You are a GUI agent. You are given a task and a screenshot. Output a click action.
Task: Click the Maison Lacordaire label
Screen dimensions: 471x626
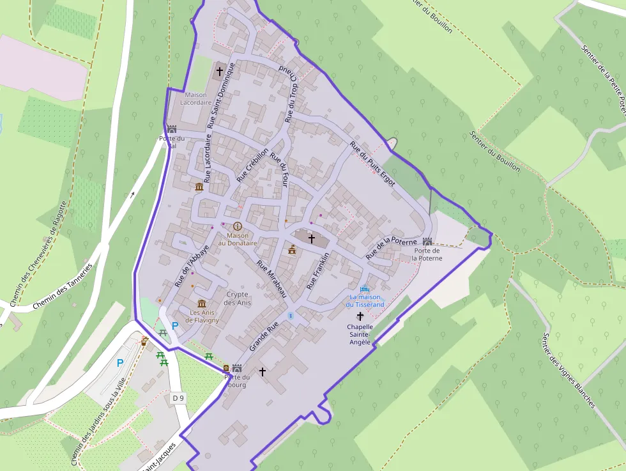pos(195,98)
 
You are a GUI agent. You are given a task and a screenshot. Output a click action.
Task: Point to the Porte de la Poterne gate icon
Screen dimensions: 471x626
pos(427,242)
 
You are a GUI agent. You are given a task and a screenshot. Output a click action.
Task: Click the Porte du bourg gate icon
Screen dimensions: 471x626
pos(237,368)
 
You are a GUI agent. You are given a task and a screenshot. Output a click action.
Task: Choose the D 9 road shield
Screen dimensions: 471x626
pos(178,398)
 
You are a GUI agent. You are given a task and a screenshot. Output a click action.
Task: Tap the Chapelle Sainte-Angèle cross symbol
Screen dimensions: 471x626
pos(360,316)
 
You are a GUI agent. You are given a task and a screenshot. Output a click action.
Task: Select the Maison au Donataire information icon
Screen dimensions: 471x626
pos(238,226)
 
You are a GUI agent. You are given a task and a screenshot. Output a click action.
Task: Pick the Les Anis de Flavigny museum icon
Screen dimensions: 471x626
pos(202,303)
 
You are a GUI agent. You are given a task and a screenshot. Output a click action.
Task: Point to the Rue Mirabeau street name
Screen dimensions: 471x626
pos(271,279)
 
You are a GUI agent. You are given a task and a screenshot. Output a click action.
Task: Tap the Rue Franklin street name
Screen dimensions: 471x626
pos(317,271)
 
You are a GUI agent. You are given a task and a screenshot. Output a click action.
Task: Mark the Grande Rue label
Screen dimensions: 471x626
pos(264,336)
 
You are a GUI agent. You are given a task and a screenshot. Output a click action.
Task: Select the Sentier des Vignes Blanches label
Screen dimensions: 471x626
pos(569,370)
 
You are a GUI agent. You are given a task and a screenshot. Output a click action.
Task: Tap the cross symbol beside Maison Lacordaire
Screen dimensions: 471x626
pos(220,71)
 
